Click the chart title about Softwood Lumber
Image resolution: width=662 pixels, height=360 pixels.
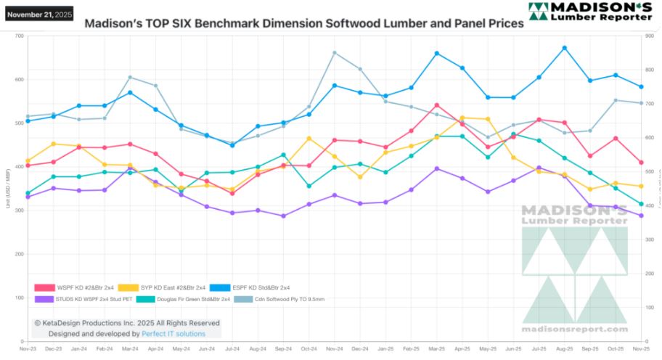pos(304,23)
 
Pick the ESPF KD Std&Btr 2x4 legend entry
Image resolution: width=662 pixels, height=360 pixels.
pos(264,287)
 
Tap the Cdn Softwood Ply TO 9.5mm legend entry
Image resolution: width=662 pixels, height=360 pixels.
pos(290,298)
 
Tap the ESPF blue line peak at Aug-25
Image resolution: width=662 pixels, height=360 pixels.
pos(564,48)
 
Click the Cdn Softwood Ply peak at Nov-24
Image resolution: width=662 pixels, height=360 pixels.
pos(334,52)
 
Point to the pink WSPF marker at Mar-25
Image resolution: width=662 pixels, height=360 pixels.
pos(436,105)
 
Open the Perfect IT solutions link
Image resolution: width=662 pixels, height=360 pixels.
pos(174,334)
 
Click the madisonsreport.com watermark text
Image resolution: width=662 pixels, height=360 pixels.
pos(573,330)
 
